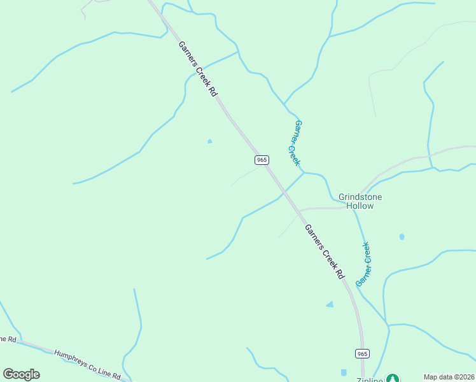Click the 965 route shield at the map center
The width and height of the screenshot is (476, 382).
(x=262, y=159)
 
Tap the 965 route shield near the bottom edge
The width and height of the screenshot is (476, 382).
(x=362, y=353)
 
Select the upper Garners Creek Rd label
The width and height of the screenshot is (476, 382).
(x=198, y=69)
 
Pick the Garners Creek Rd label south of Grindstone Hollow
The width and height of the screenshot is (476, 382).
(x=324, y=252)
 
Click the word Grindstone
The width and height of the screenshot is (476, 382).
(x=360, y=197)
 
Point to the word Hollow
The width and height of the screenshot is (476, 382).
(x=360, y=206)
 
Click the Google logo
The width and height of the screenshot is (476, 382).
(x=21, y=374)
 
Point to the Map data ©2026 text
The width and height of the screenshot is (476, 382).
(x=449, y=377)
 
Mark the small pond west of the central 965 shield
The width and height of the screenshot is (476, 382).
(x=210, y=141)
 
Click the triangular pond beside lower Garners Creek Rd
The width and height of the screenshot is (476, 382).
(x=330, y=305)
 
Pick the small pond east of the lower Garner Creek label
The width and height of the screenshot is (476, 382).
(x=402, y=237)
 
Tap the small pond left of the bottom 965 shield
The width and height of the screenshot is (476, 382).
(x=344, y=372)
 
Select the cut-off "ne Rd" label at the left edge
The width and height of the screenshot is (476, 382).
(x=7, y=339)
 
